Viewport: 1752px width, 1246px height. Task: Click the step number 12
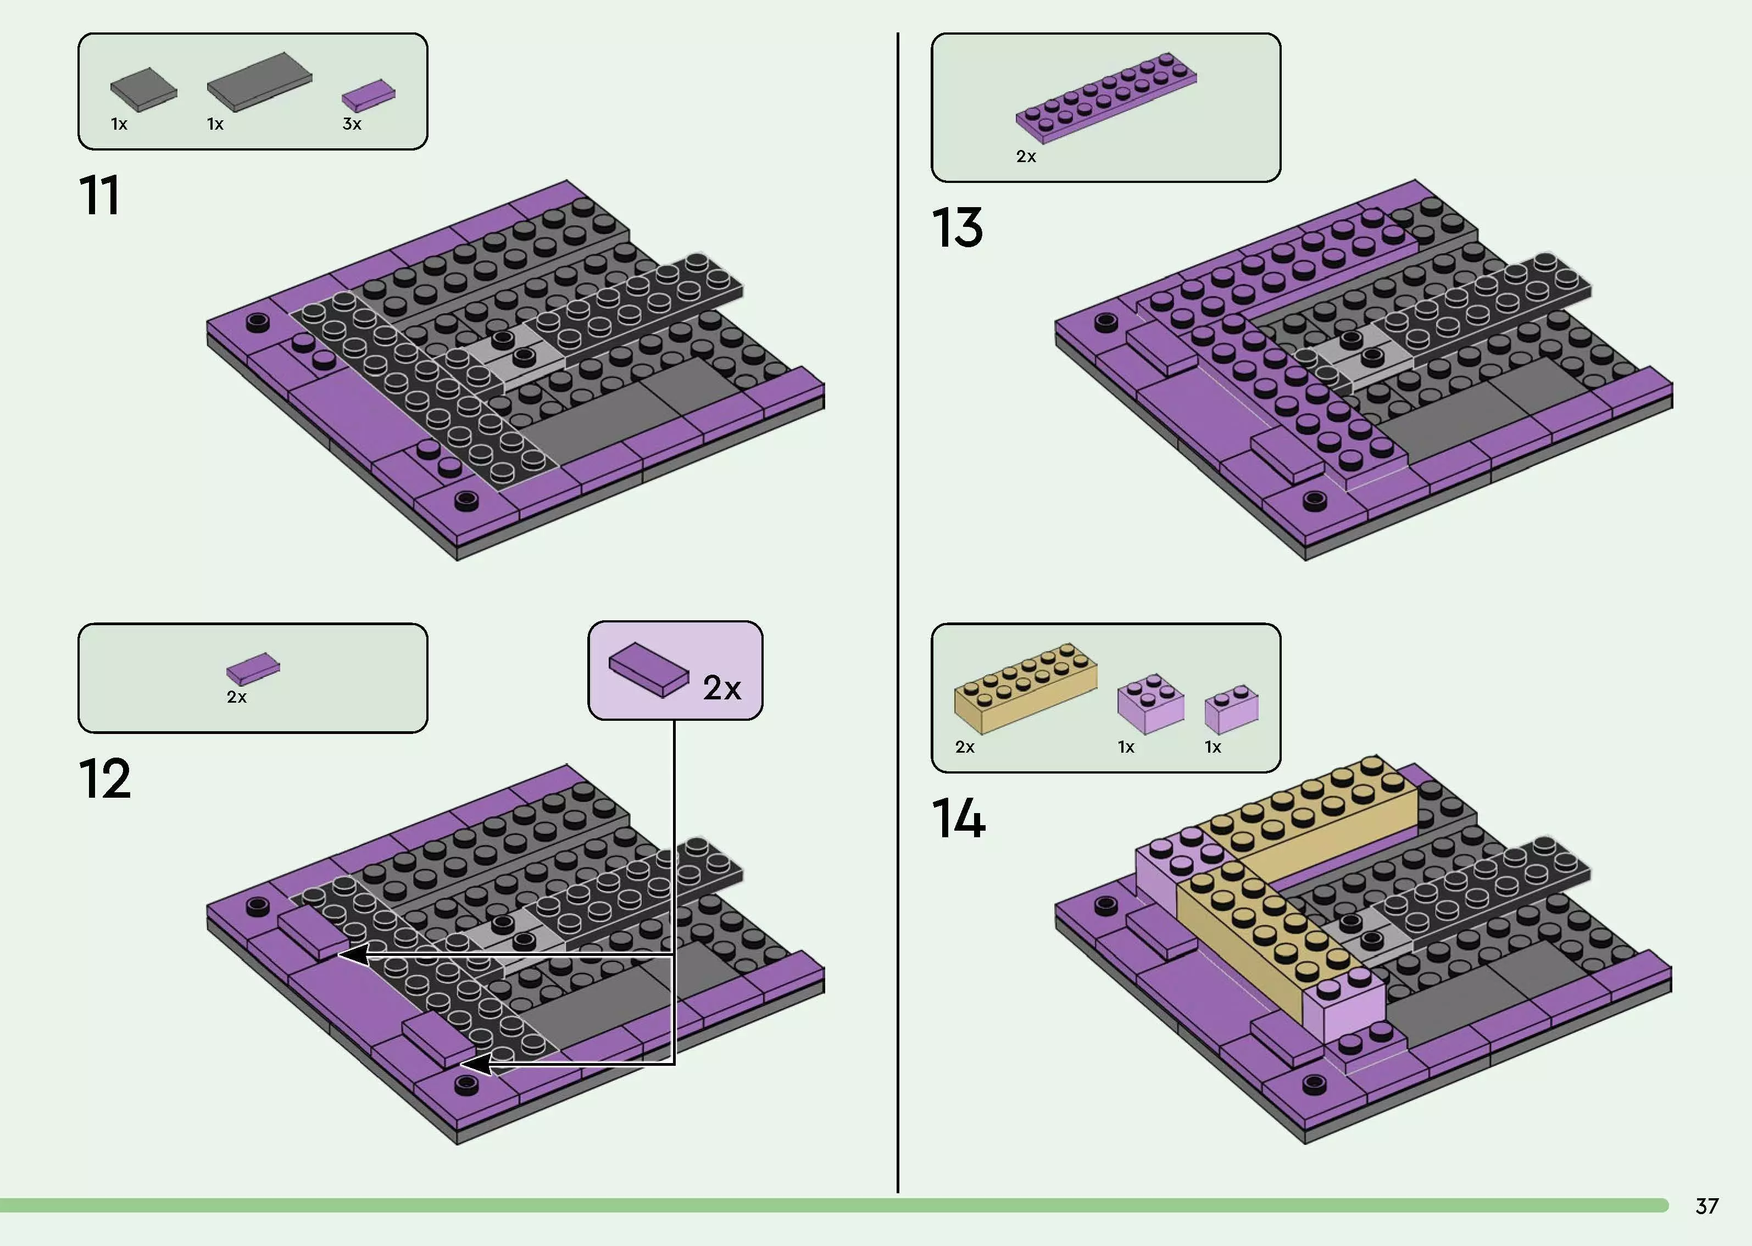pos(104,780)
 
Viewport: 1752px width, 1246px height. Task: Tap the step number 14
pos(958,820)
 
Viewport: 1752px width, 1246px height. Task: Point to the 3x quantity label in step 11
pos(351,124)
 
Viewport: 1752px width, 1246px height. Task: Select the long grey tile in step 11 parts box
pos(259,81)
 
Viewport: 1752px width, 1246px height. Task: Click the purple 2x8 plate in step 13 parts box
pos(1105,97)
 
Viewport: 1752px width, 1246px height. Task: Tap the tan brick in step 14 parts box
pos(1025,687)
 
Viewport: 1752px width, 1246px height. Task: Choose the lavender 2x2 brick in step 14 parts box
pos(1150,704)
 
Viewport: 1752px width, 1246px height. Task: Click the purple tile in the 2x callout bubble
pos(649,669)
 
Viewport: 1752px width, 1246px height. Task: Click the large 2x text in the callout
pos(722,688)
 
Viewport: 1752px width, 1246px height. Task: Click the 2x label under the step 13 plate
pos(1026,157)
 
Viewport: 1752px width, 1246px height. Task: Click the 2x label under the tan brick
pos(964,747)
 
